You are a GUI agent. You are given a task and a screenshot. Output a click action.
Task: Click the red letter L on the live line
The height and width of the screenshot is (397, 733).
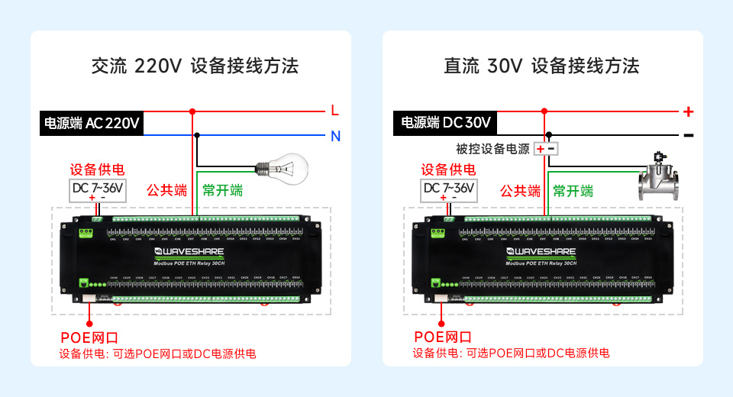point(334,111)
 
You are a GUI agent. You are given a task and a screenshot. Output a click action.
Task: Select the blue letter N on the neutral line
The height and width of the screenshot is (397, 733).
point(335,137)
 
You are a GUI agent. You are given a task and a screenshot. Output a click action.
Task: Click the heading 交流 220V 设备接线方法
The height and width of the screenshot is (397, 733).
point(195,66)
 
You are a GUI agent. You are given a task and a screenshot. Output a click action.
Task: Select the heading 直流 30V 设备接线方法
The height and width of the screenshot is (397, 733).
point(541,66)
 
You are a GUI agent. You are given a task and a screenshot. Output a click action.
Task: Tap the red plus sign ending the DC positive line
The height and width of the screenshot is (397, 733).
point(688,111)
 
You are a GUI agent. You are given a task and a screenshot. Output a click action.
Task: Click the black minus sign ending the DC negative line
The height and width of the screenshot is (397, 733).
point(688,135)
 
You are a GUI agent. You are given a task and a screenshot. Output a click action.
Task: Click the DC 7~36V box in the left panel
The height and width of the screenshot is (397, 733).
point(97,189)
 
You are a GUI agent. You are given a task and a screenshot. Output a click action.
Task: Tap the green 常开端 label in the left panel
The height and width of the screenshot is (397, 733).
point(223,190)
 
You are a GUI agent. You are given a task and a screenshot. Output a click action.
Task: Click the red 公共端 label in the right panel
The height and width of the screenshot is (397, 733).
point(520,191)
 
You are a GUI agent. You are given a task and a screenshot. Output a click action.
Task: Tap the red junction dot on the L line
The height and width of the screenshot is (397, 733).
point(192,111)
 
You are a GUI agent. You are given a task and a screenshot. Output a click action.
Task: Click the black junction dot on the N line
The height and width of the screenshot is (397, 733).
point(198,136)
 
